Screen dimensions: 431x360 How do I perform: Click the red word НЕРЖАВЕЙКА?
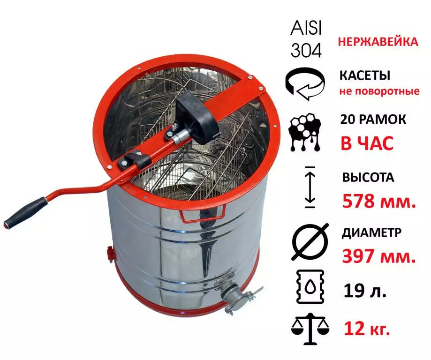tap(378, 42)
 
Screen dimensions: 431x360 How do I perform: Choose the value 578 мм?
tap(379, 201)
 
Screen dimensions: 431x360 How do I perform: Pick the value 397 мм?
tap(379, 256)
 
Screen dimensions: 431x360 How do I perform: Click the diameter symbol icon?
tap(310, 242)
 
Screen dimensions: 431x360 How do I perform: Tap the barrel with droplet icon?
tap(310, 286)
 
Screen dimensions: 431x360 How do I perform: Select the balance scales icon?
tap(310, 329)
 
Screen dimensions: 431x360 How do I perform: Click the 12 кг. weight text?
tap(367, 328)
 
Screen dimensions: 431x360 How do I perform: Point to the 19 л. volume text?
tap(365, 291)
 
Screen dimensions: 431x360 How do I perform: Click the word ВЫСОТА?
tap(368, 177)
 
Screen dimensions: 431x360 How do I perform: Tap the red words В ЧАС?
tap(367, 143)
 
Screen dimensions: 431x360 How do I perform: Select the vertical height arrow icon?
tap(310, 187)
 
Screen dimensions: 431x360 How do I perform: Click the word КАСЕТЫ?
tap(365, 75)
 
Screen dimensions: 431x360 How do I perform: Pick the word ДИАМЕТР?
tap(371, 232)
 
